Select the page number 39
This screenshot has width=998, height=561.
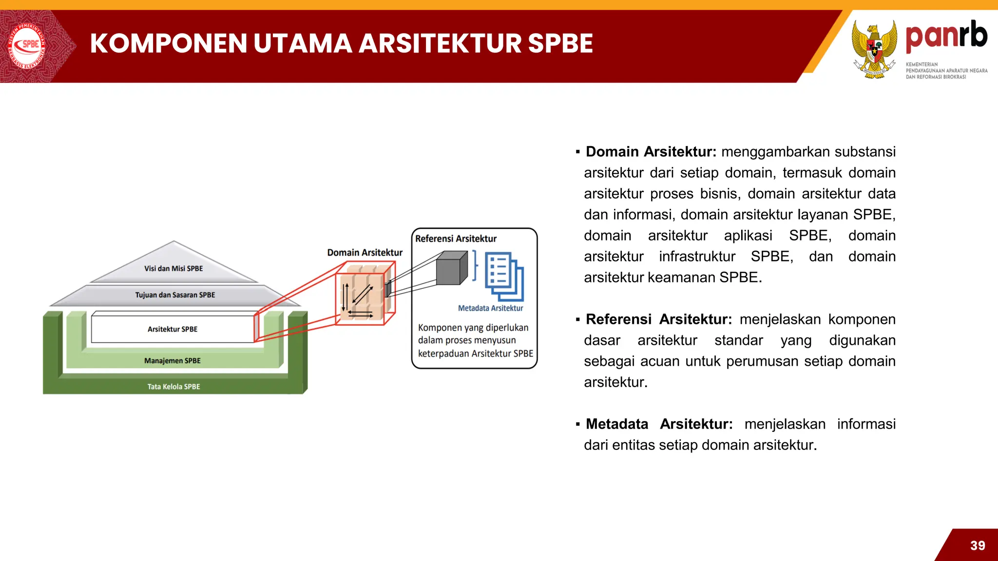[978, 545]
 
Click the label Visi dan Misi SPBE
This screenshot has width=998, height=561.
[173, 268]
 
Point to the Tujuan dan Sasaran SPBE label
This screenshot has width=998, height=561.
[175, 295]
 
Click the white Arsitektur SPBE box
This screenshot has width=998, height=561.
[173, 329]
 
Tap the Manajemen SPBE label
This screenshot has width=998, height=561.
[173, 361]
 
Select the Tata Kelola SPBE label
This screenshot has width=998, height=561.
[173, 387]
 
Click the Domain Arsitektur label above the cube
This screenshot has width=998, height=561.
[365, 253]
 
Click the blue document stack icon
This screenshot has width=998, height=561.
[504, 276]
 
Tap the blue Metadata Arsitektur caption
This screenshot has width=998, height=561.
[490, 308]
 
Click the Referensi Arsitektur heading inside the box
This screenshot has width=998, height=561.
[456, 239]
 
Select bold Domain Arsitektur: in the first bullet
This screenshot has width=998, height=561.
[651, 152]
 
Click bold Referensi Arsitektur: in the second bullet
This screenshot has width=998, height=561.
[658, 319]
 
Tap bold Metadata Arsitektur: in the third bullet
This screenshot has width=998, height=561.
[659, 424]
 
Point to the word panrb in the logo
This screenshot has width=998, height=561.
[946, 36]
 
